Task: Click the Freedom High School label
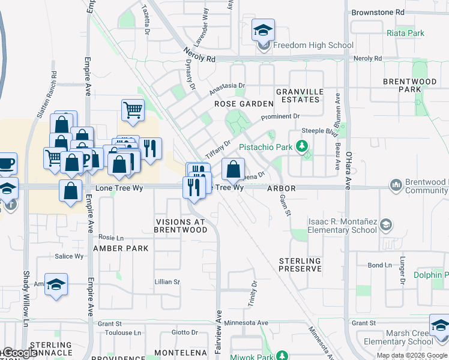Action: [x=313, y=45]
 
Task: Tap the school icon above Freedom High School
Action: [x=263, y=30]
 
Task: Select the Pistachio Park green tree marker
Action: [x=304, y=146]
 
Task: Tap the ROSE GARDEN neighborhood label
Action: [x=240, y=104]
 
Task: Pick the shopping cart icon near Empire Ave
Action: [x=133, y=110]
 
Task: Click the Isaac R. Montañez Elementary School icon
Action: [x=387, y=226]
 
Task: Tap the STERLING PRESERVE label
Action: [x=300, y=265]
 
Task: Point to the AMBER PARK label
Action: [x=121, y=248]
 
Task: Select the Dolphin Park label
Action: [x=432, y=275]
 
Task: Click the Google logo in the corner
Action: [x=20, y=353]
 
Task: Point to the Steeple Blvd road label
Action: [x=319, y=131]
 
